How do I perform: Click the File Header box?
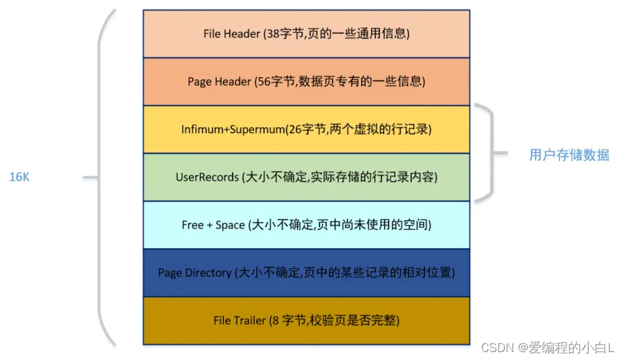pyautogui.click(x=306, y=34)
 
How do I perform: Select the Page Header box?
pyautogui.click(x=306, y=82)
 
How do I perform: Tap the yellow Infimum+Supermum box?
pyautogui.click(x=306, y=129)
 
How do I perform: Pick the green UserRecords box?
pyautogui.click(x=306, y=177)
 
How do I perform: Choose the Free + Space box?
pyautogui.click(x=306, y=225)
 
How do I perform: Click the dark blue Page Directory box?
pyautogui.click(x=306, y=272)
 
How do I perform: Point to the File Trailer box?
pyautogui.click(x=306, y=320)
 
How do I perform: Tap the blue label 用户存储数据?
pyautogui.click(x=569, y=156)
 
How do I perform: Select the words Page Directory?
pyautogui.click(x=194, y=273)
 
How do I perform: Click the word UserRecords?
pyautogui.click(x=206, y=177)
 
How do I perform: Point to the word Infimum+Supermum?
pyautogui.click(x=233, y=130)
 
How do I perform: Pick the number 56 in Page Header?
pyautogui.click(x=264, y=82)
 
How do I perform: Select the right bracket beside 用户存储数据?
pyautogui.click(x=490, y=153)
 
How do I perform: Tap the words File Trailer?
pyautogui.click(x=240, y=321)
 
